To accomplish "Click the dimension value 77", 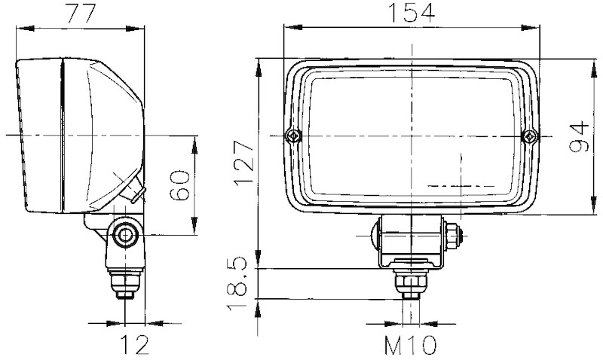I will (x=81, y=13).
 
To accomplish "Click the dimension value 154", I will (x=411, y=13).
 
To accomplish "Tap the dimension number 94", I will (x=578, y=136).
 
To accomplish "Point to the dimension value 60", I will (x=179, y=184).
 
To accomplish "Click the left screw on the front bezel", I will (x=292, y=136).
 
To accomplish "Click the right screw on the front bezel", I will (x=531, y=136).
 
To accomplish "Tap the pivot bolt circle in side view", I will (x=123, y=236).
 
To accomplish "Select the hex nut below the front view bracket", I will (x=410, y=282).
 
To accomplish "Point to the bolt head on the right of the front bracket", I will (x=452, y=234).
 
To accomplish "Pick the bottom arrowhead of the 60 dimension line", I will (x=196, y=230).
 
